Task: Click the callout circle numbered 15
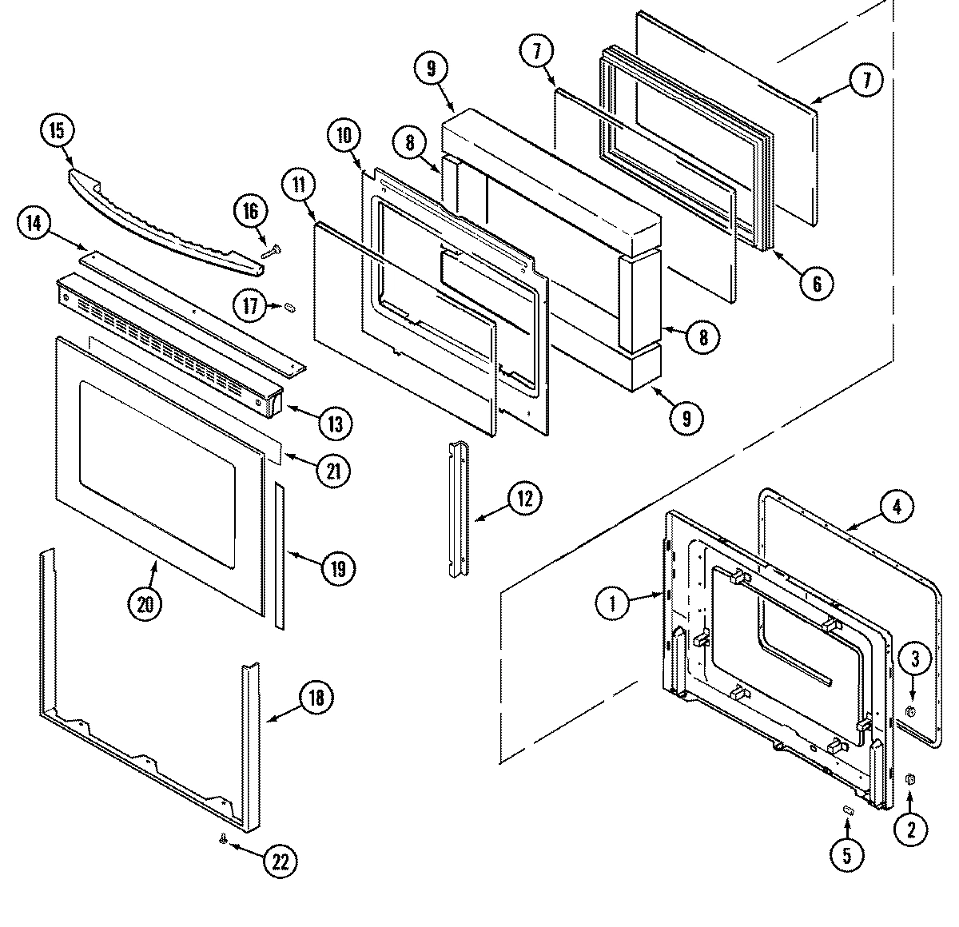[x=57, y=131]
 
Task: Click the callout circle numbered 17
[x=250, y=305]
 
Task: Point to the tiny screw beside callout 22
[x=224, y=838]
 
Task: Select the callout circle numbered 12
[x=524, y=498]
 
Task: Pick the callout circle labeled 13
[x=336, y=423]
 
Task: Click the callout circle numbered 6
[x=818, y=282]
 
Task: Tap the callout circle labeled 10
[x=344, y=136]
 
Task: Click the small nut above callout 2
[x=909, y=778]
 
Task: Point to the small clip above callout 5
[x=850, y=810]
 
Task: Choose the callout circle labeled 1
[x=613, y=604]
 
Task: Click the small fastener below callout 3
[x=910, y=711]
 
